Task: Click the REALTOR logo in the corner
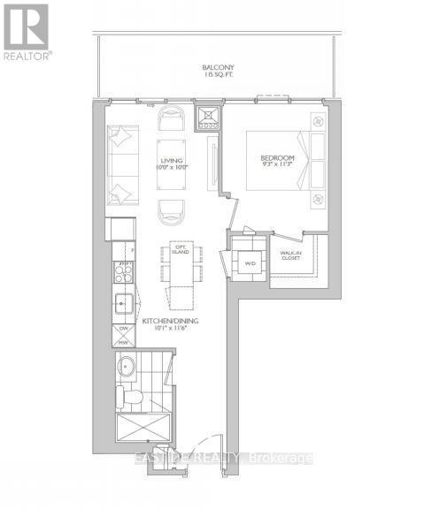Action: pos(27,30)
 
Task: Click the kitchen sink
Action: pos(123,306)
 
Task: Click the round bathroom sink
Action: pos(126,367)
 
